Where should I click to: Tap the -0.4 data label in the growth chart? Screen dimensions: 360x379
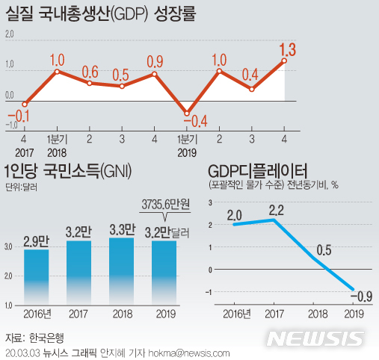point(198,120)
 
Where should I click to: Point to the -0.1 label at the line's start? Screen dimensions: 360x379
point(22,115)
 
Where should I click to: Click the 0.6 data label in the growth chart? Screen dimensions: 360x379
point(90,72)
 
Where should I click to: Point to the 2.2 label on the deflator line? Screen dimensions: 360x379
point(276,208)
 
